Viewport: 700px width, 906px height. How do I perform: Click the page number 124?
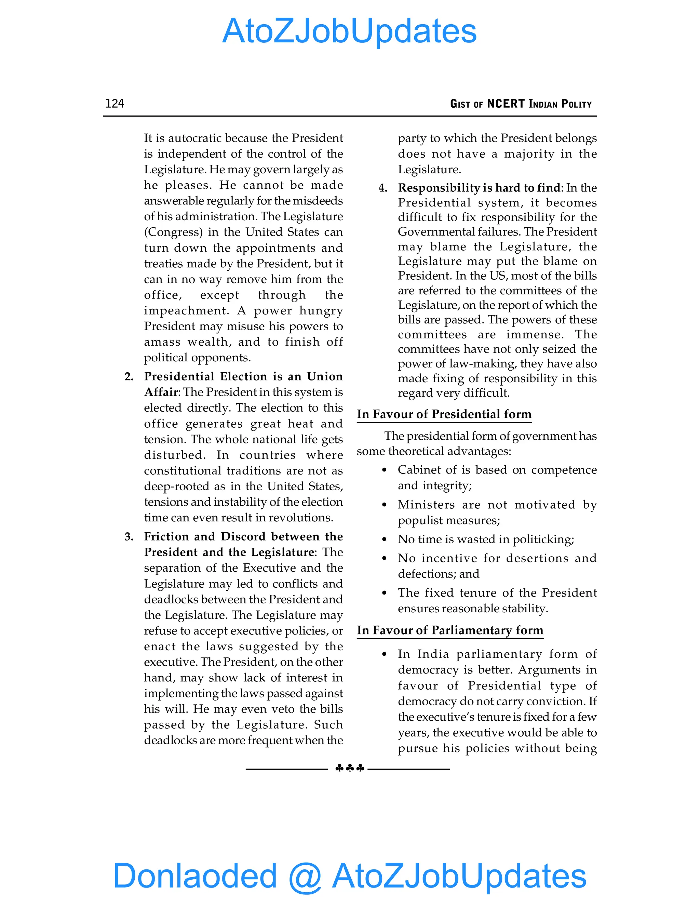[x=115, y=103]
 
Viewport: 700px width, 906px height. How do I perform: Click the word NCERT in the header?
[x=506, y=103]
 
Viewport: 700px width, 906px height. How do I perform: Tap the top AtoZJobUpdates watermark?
[x=350, y=31]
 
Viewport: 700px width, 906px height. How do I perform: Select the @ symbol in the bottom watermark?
[x=305, y=877]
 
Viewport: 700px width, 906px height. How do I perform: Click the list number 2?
[x=129, y=377]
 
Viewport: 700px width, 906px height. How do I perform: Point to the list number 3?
[x=129, y=537]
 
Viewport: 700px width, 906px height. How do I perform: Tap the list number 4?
[x=383, y=188]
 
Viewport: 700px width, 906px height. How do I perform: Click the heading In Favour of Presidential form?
[x=444, y=414]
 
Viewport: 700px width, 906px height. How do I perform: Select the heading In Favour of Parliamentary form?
[x=450, y=630]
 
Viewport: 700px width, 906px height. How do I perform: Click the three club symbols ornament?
[x=350, y=768]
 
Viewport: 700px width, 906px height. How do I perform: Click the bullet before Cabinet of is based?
[x=385, y=470]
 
